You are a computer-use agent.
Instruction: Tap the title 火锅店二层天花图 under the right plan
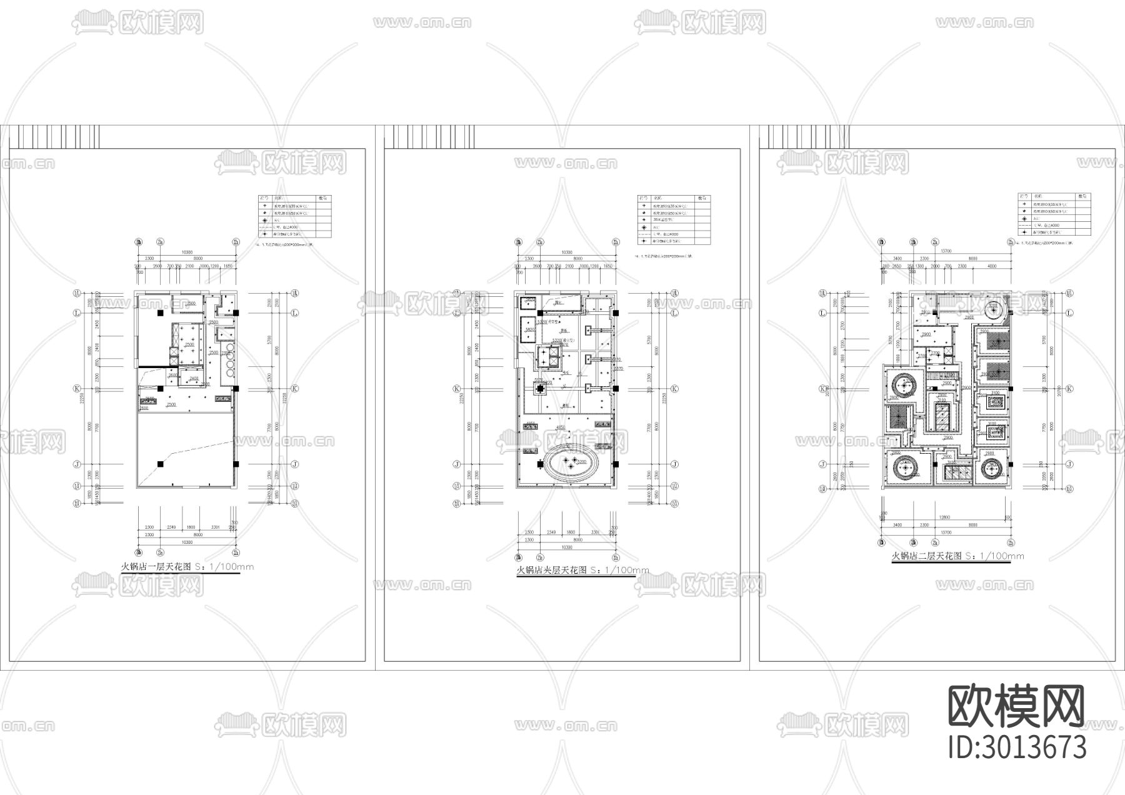pos(927,556)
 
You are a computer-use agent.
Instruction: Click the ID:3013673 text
pos(1017,747)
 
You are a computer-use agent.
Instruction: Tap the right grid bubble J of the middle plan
pos(675,464)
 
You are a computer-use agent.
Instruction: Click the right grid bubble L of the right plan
pos(1069,312)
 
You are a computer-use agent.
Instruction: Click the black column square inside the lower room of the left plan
pos(161,464)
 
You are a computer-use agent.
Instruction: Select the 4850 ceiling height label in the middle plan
pos(561,428)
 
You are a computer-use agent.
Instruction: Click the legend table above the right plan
pos(1054,214)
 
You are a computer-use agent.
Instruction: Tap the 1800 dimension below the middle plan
pos(571,532)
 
